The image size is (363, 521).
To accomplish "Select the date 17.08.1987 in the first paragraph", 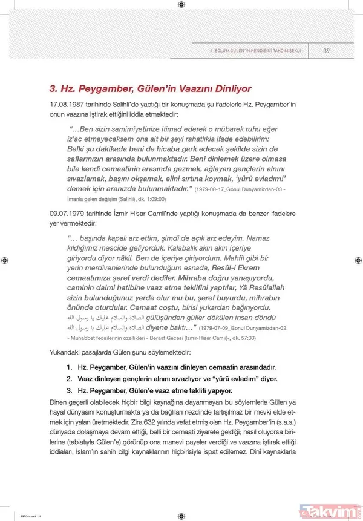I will click(x=68, y=105).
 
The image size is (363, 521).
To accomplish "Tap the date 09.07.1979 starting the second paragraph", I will click(x=68, y=214).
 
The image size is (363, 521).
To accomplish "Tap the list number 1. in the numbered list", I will click(x=71, y=367).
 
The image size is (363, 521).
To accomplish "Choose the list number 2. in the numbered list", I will click(x=71, y=378).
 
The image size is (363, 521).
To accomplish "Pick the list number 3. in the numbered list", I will click(x=71, y=390).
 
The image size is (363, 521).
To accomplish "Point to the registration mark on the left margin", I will click(x=5, y=260).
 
